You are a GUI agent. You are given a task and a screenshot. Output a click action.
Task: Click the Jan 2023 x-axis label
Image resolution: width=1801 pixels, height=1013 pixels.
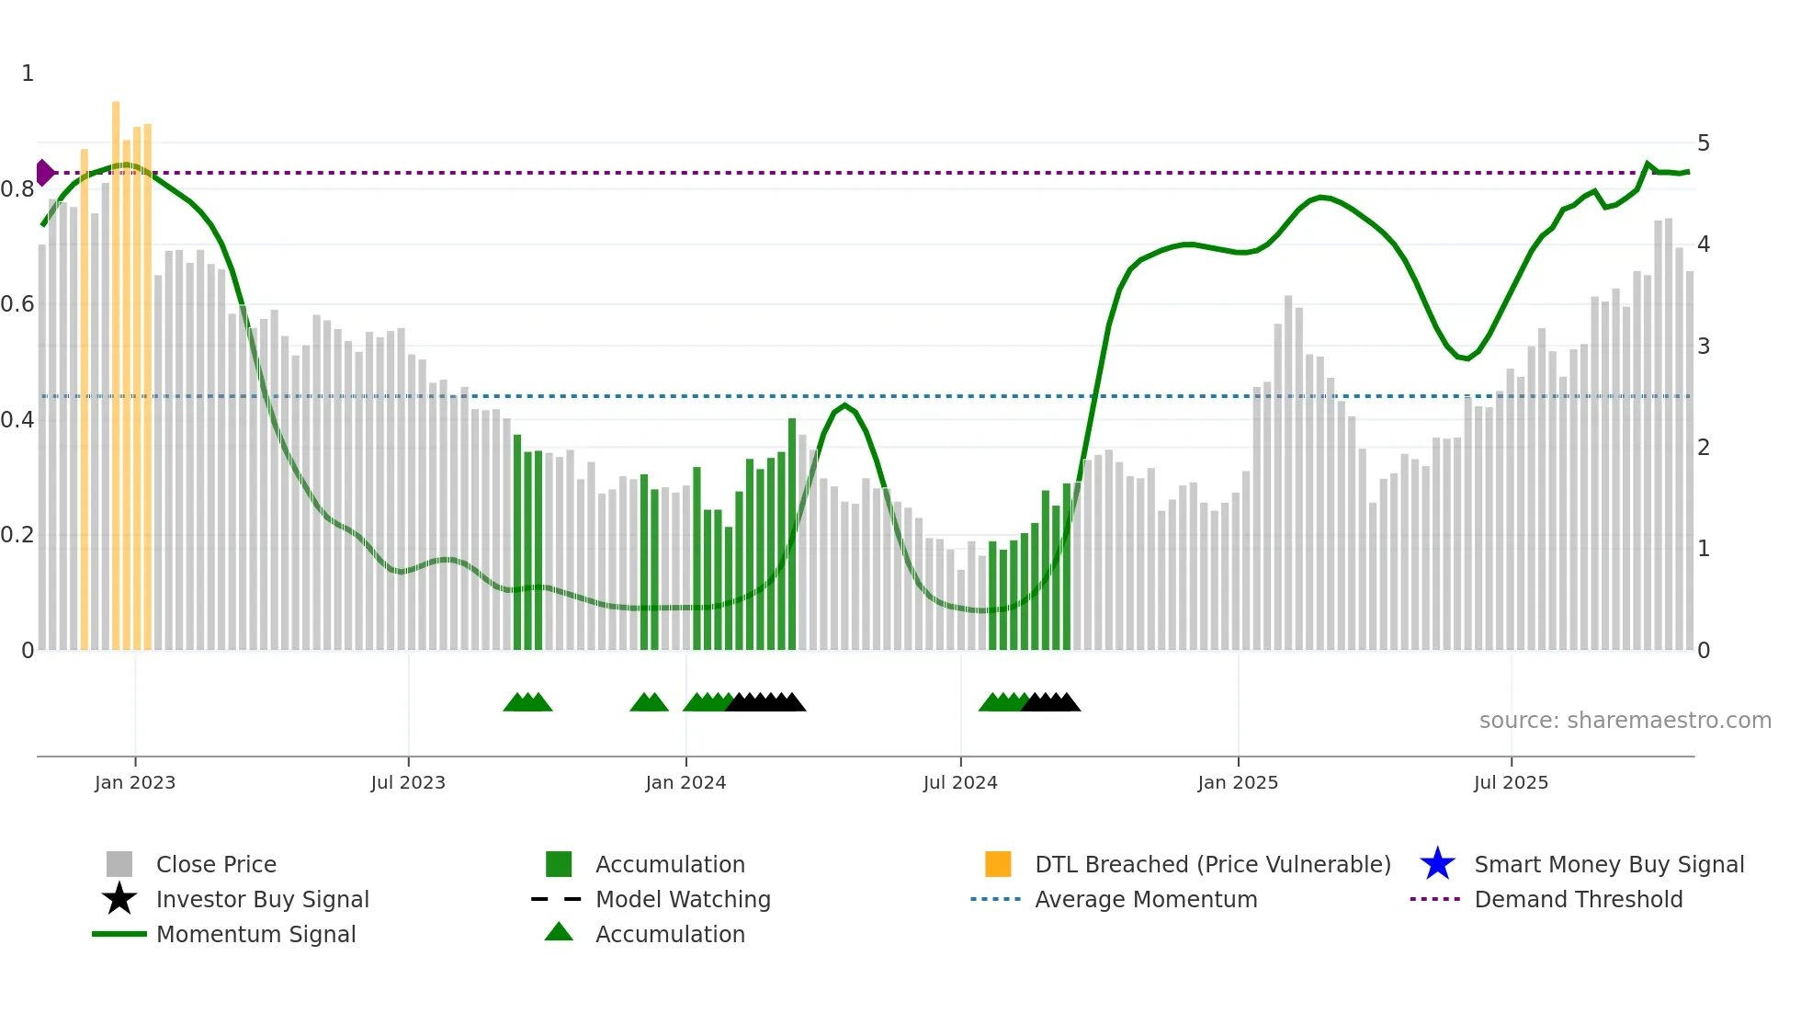click(x=134, y=782)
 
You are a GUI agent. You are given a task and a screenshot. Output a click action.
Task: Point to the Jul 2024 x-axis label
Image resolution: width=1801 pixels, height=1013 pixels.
click(x=960, y=782)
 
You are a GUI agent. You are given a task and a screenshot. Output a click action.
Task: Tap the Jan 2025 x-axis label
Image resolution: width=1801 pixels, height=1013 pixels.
click(x=1238, y=782)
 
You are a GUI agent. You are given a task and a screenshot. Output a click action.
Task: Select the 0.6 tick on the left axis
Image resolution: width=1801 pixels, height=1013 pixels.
click(x=17, y=304)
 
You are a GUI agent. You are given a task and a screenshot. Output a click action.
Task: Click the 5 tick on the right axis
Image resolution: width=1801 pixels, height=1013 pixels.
click(x=1704, y=143)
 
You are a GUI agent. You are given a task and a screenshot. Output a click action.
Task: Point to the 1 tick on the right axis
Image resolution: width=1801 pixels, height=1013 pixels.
click(x=1704, y=549)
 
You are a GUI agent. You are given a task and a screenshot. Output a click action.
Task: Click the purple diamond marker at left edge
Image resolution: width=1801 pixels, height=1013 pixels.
click(x=44, y=173)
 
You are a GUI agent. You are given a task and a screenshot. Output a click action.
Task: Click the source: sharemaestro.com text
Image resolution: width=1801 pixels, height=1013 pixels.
click(x=1625, y=721)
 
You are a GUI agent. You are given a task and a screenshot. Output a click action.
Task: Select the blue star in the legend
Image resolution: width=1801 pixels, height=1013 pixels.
click(x=1437, y=864)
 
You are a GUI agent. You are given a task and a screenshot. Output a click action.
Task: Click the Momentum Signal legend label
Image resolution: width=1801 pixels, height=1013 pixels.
click(x=255, y=934)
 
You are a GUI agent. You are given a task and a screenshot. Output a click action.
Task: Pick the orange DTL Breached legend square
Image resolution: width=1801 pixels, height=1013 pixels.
click(x=998, y=864)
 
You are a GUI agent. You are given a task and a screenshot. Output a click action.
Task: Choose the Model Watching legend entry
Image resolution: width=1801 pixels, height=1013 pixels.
click(x=683, y=899)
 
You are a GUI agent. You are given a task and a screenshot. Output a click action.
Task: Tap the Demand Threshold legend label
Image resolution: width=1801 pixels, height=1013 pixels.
click(x=1578, y=899)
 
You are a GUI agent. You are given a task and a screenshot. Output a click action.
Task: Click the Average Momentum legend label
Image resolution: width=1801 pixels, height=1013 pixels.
click(x=1146, y=899)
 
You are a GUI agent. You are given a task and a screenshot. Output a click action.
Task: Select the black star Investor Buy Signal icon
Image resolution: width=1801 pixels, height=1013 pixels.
click(x=119, y=899)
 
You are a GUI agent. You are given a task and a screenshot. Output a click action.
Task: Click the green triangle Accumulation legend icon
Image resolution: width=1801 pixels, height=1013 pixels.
click(x=559, y=932)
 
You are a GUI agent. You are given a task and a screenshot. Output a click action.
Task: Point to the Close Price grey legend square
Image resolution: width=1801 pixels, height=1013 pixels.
click(x=119, y=864)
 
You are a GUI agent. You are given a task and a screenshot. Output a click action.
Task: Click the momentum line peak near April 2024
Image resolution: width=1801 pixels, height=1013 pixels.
click(x=845, y=405)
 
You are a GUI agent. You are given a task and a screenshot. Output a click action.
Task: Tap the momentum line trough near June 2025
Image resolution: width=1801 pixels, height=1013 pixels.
click(x=1467, y=359)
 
